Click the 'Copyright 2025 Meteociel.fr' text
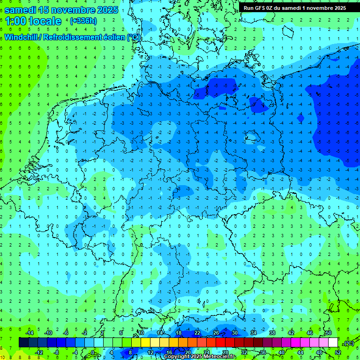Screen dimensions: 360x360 199,356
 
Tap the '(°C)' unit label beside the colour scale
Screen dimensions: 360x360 349,343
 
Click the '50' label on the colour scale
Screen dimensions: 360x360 329,333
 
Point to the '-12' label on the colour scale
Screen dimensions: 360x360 39,352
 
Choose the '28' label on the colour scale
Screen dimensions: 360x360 225,352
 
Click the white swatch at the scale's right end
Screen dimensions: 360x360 333,343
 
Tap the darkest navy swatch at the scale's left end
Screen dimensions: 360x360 23,343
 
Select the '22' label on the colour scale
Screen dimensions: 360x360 197,333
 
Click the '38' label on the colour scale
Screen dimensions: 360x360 272,333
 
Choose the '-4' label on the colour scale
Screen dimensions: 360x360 76,352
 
